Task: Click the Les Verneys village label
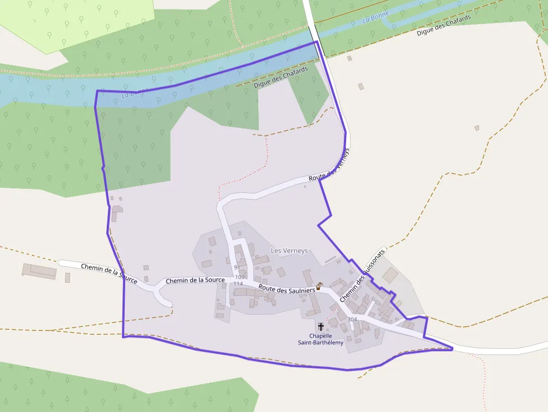point(289,251)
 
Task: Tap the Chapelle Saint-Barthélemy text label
point(320,339)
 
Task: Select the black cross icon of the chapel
point(321,326)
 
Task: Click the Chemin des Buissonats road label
point(363,276)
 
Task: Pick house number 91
point(237,268)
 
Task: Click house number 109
point(240,277)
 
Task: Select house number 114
point(238,284)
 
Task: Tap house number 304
point(352,319)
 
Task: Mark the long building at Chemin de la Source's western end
point(39,271)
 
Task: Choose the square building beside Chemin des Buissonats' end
point(390,274)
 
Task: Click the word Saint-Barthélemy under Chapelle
point(320,343)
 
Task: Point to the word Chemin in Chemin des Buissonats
point(349,291)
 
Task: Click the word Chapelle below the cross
point(321,336)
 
